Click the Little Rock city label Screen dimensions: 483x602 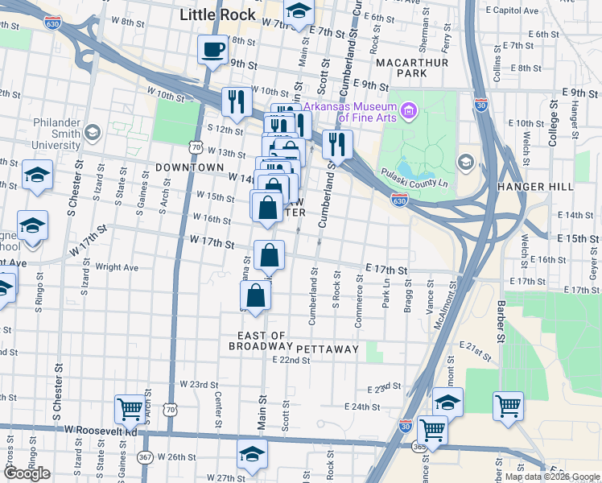tap(217, 14)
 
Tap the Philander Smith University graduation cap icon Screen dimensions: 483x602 tap(92, 132)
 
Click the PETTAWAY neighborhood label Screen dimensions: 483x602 tap(327, 349)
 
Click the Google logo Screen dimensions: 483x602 tap(27, 473)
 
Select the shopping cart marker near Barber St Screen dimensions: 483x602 tap(508, 406)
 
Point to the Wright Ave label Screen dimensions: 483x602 tap(117, 267)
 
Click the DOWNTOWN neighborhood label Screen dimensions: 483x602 tap(190, 167)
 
